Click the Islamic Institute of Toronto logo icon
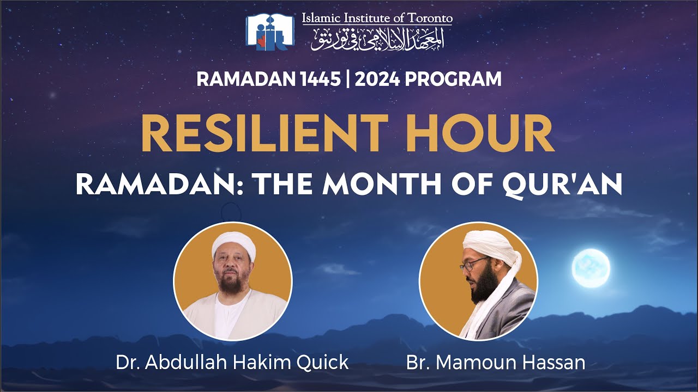click(270, 32)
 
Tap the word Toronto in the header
click(428, 18)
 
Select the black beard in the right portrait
click(485, 286)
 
